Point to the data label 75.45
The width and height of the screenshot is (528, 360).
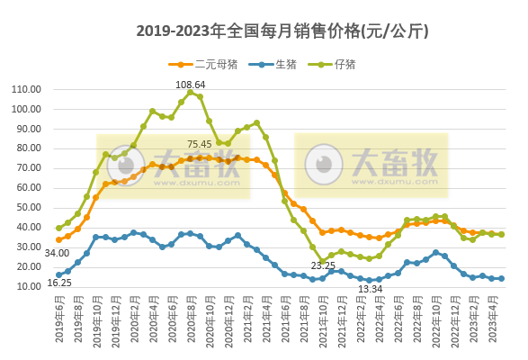click(x=200, y=144)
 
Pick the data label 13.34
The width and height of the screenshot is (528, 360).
click(x=370, y=289)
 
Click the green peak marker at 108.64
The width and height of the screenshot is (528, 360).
click(x=191, y=93)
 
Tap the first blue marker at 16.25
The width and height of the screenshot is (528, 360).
click(x=58, y=274)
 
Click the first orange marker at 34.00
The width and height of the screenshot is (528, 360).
click(x=58, y=239)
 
